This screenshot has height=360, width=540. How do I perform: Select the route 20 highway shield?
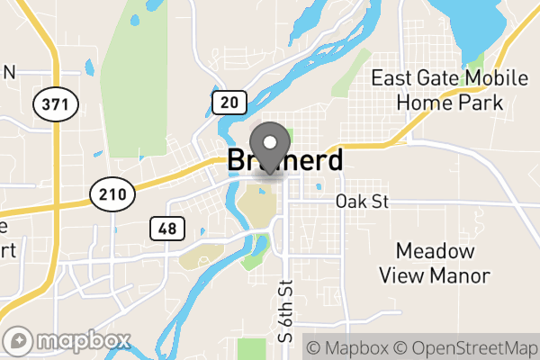(x=229, y=103)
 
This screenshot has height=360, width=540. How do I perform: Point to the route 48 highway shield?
(x=166, y=229)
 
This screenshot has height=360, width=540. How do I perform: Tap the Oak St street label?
(x=361, y=202)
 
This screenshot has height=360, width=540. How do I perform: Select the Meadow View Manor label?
(x=434, y=262)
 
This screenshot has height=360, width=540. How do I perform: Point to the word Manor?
(x=460, y=274)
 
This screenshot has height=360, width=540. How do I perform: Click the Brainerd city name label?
(x=285, y=161)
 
